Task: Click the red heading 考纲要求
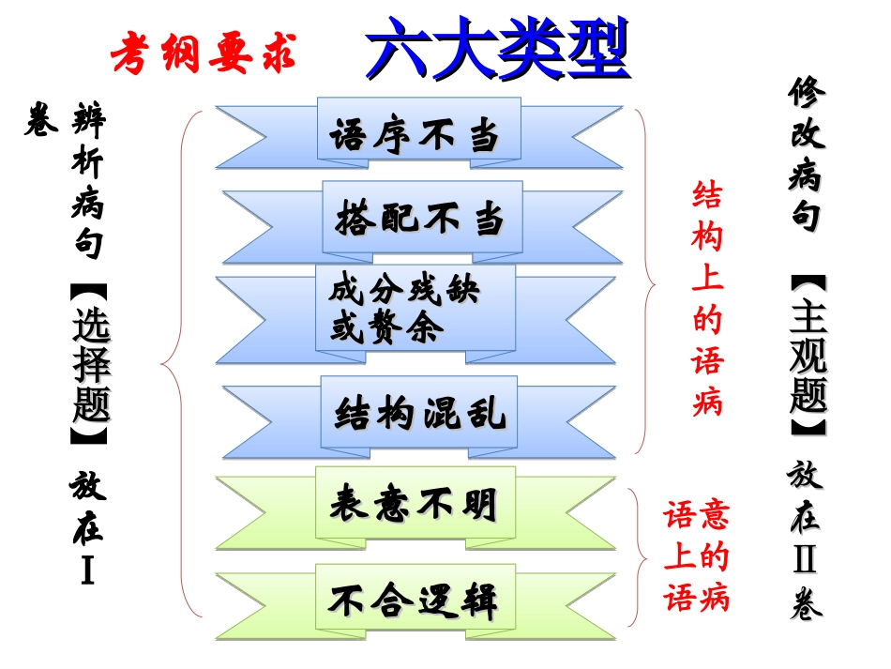click(204, 55)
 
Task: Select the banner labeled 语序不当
click(418, 138)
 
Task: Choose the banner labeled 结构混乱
click(419, 413)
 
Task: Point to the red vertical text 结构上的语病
click(707, 299)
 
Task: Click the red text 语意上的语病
click(696, 557)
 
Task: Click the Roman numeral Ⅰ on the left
click(87, 570)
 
